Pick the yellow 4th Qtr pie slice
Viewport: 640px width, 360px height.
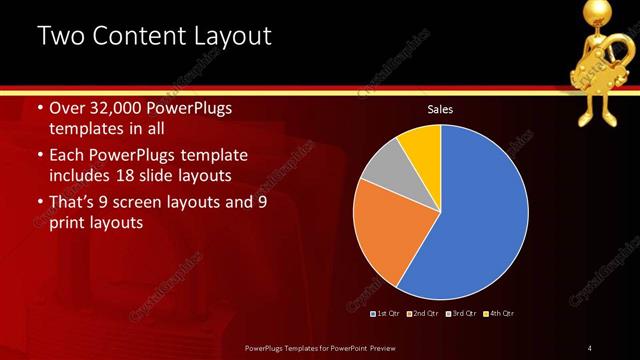[x=421, y=148]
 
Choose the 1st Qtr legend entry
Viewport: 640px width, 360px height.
[x=388, y=314]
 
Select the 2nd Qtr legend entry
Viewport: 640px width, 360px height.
[x=424, y=314]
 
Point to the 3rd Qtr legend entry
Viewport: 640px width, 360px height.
[x=461, y=314]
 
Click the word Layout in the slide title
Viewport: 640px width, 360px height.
[x=232, y=38]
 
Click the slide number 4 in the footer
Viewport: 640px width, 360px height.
[x=590, y=347]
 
